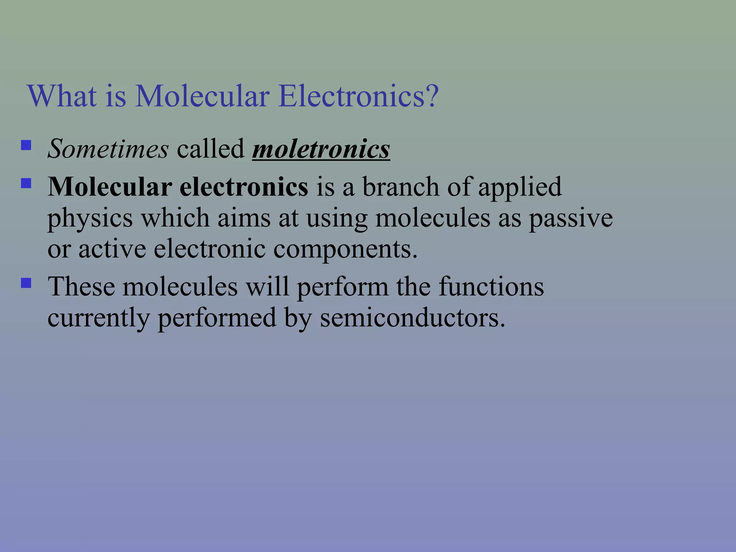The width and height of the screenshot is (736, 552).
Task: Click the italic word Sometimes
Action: [108, 149]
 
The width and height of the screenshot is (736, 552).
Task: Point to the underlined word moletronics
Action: [321, 149]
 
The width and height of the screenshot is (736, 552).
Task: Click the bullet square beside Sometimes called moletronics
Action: [26, 145]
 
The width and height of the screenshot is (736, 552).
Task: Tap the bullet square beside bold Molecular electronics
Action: [26, 184]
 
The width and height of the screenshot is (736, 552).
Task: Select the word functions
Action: [491, 287]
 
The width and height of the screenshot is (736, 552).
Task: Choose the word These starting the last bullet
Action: [82, 287]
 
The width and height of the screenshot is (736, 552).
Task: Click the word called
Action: [210, 149]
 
